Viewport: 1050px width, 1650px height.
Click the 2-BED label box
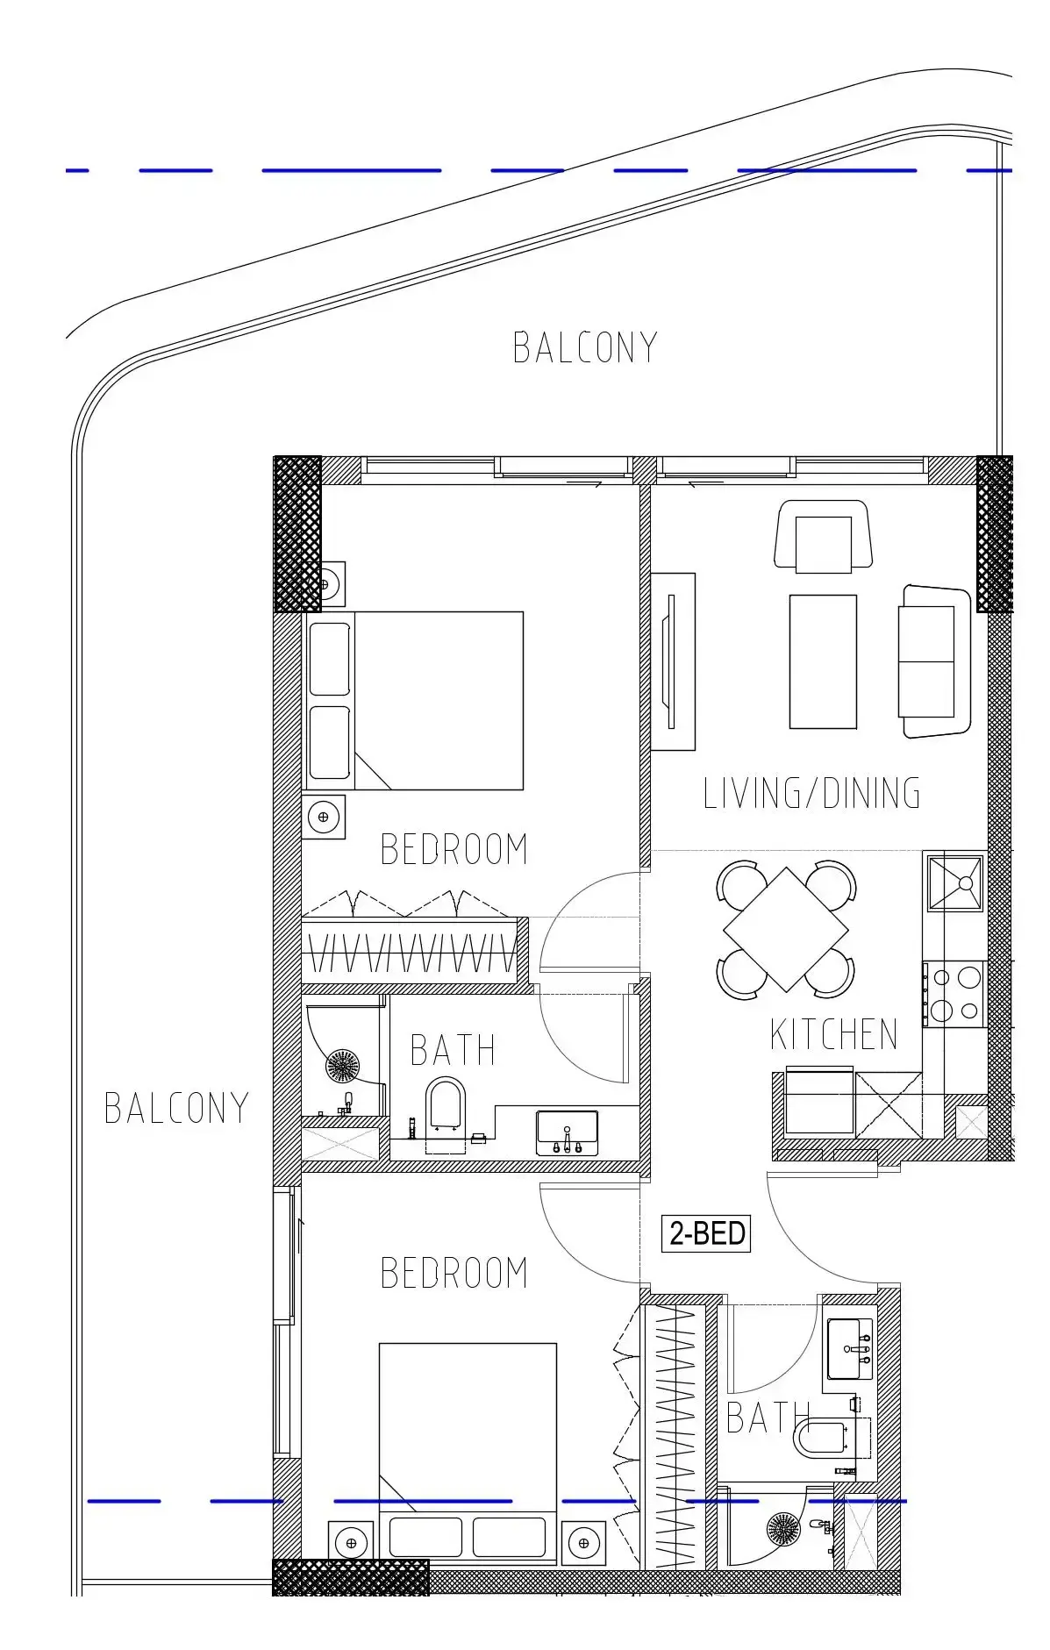[706, 1232]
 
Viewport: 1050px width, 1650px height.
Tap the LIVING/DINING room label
[811, 793]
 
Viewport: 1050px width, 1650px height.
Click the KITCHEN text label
[833, 1034]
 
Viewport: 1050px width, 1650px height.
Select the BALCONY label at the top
[585, 347]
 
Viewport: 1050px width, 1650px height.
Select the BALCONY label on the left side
[176, 1108]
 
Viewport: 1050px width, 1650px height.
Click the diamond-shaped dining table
[785, 929]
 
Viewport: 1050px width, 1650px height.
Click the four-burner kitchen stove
[955, 993]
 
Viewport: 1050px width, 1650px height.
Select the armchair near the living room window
[823, 537]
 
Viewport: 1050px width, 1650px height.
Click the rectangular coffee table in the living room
[822, 661]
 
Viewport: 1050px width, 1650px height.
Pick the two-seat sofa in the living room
[933, 661]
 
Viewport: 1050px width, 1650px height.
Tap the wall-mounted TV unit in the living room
[673, 661]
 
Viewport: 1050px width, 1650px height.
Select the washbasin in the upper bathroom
[567, 1132]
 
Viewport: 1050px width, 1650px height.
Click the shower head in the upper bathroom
[342, 1066]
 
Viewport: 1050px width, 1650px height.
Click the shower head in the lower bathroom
[783, 1529]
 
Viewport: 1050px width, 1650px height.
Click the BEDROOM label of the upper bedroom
[454, 849]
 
